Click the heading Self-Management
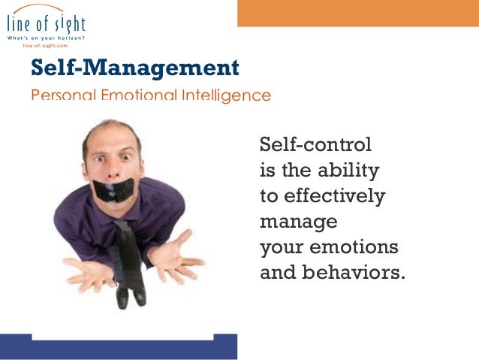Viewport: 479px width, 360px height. click(134, 69)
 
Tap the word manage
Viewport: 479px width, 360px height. click(298, 222)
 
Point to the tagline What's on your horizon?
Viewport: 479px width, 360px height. click(46, 38)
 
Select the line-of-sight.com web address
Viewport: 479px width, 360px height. click(46, 46)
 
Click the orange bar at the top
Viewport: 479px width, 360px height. click(357, 13)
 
